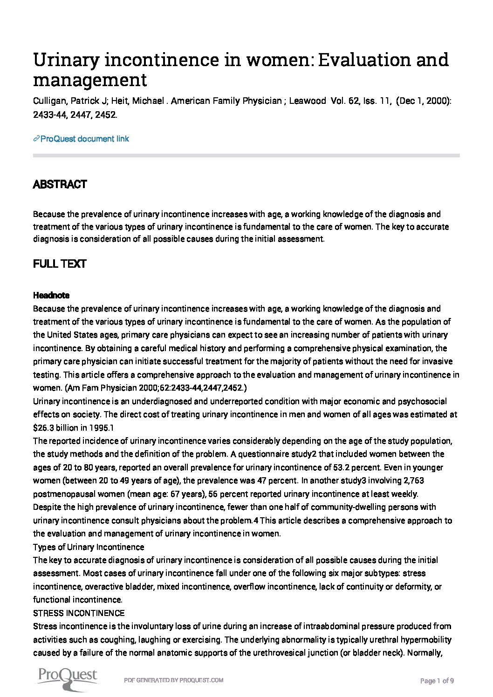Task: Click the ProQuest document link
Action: pos(84,139)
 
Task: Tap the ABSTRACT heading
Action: pos(60,184)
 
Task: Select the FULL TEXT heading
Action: pos(59,264)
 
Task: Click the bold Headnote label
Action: pos(51,295)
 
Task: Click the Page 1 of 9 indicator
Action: pos(437,681)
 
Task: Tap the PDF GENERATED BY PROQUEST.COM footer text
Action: pos(173,680)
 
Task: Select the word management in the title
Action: pos(90,80)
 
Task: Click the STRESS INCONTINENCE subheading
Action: pos(79,613)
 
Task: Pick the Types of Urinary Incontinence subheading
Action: pos(89,547)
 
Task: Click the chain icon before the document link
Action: pos(36,139)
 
